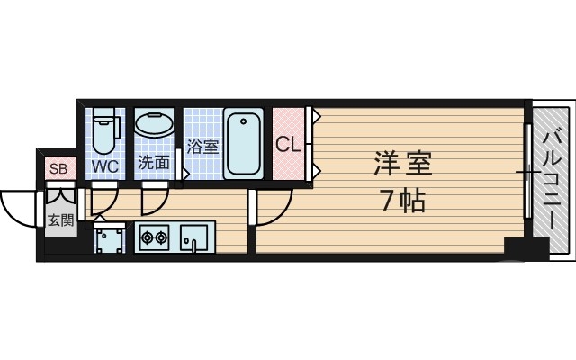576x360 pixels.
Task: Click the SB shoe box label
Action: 58,168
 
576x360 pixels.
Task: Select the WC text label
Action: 106,166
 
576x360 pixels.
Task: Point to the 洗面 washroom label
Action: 153,163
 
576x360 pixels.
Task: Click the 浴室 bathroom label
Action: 203,146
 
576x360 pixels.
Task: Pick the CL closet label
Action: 287,144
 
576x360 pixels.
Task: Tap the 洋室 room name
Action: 403,166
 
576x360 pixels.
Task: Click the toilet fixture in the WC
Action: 105,130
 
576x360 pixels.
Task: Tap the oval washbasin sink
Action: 154,124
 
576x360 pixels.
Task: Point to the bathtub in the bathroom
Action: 244,143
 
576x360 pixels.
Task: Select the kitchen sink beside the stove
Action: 193,238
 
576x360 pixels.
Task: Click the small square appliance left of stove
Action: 110,239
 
